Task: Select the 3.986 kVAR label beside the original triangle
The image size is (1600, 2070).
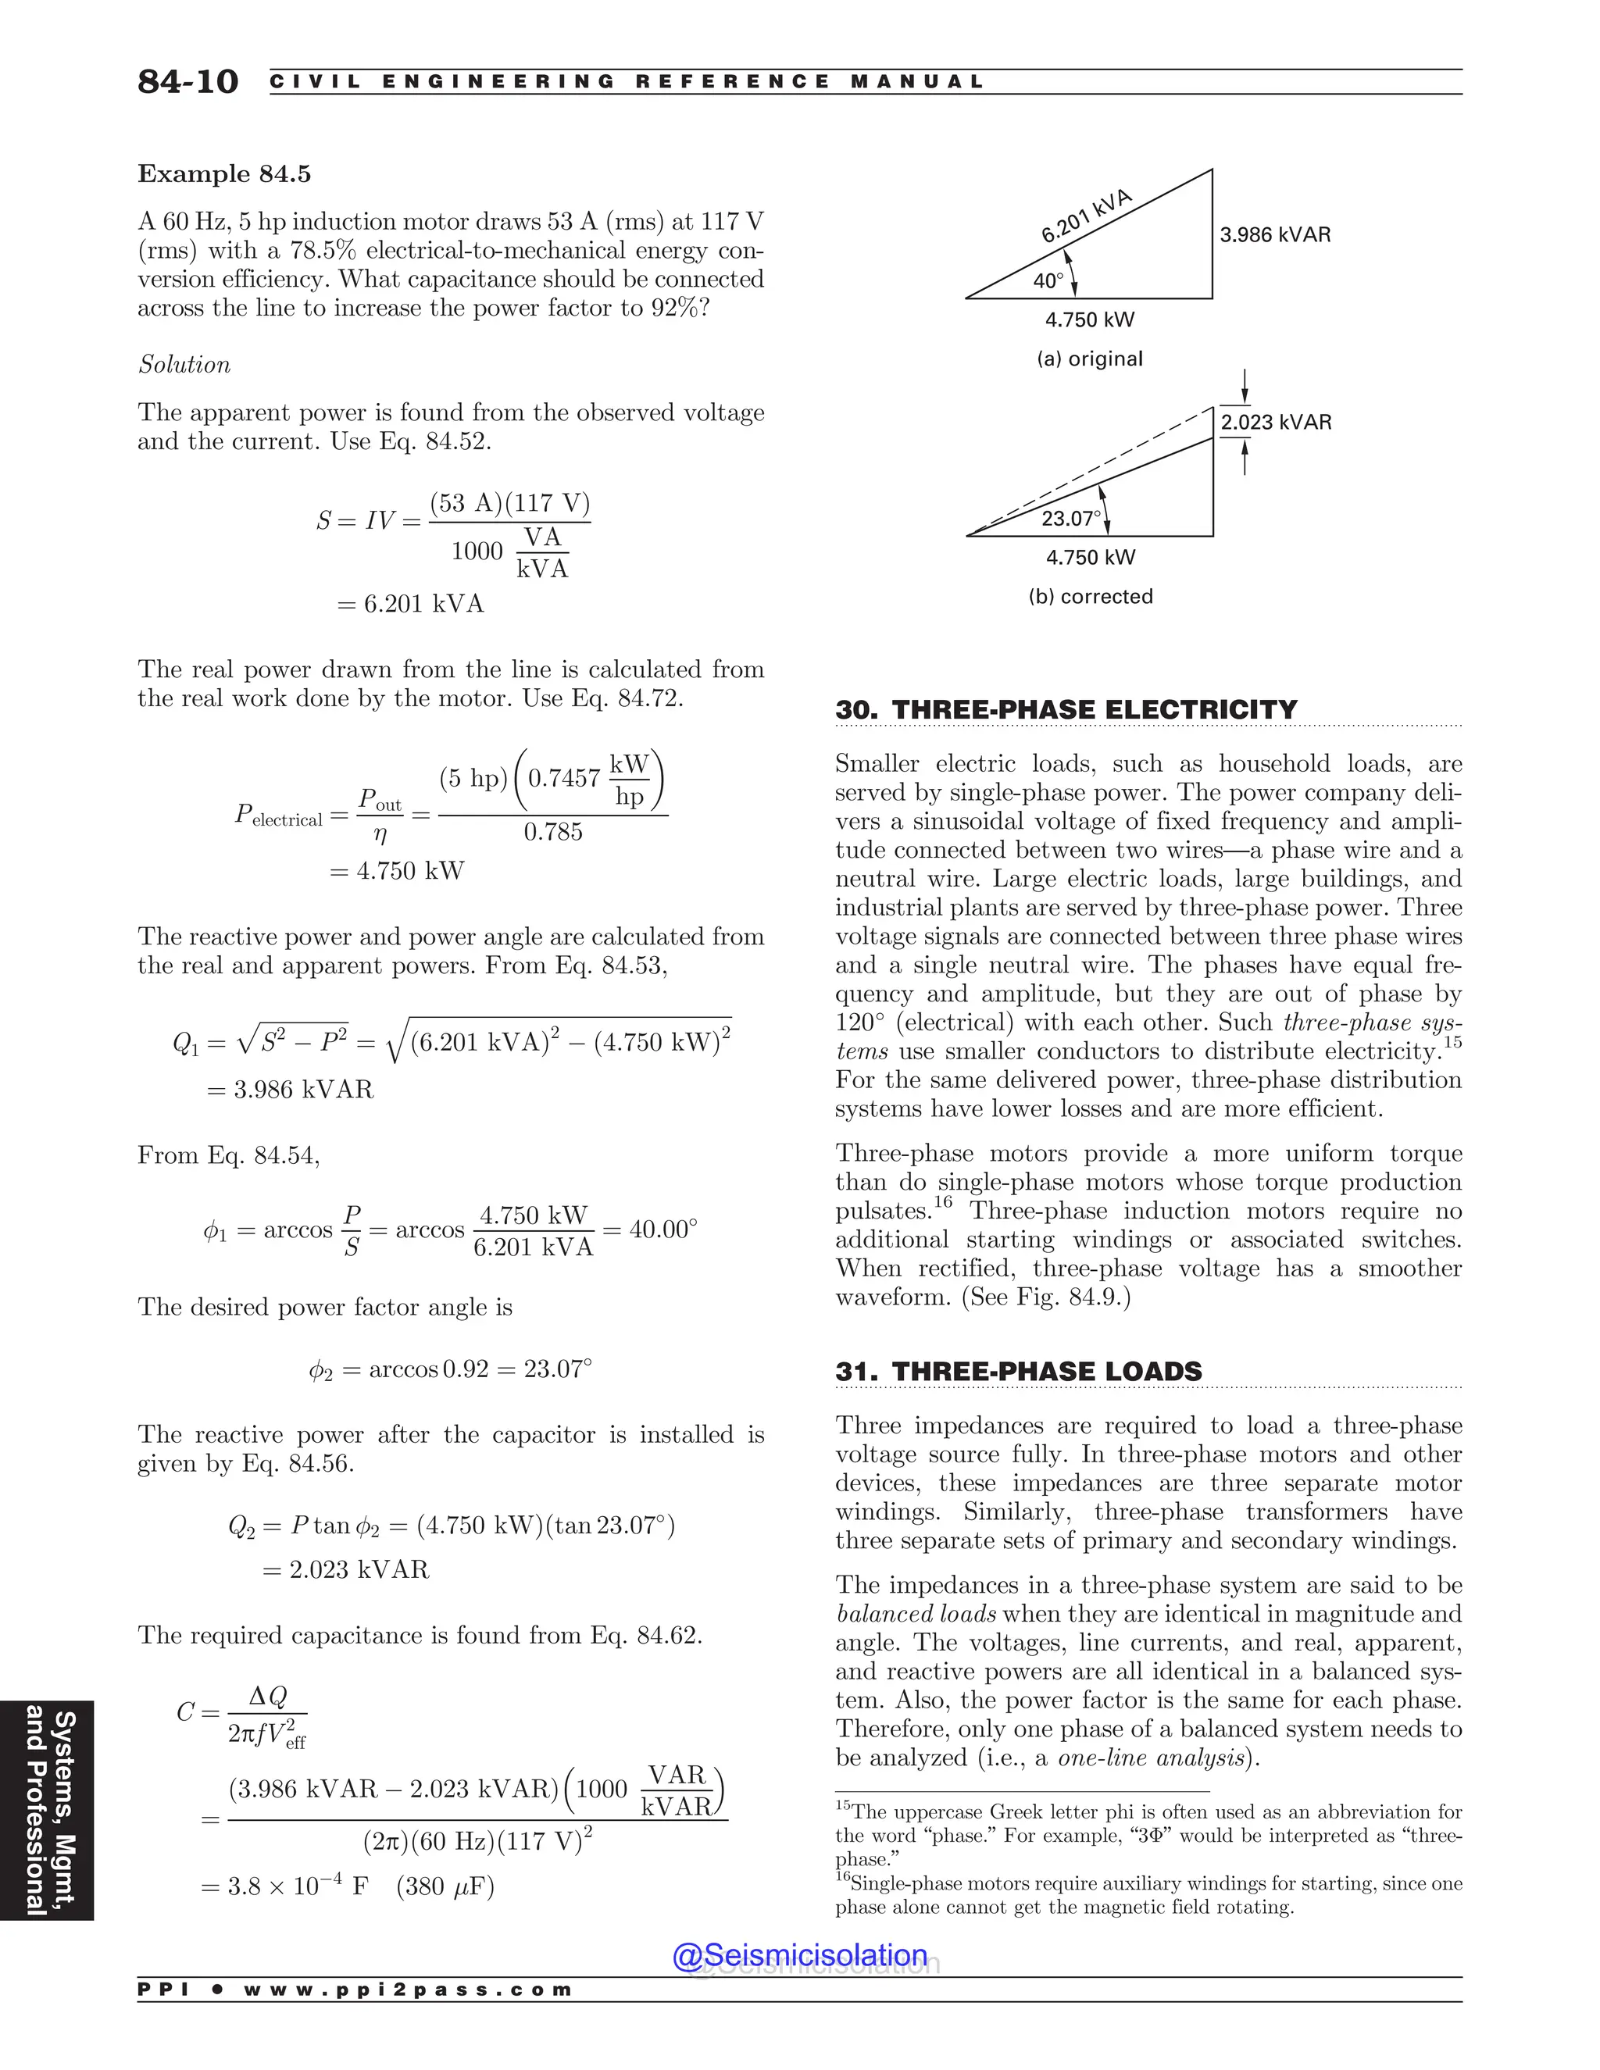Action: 1275,235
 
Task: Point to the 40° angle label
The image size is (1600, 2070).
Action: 1048,280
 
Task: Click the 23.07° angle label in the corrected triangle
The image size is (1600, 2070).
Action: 1071,519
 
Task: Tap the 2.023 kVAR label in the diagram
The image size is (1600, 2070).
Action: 1276,423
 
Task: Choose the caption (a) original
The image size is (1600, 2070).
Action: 1089,359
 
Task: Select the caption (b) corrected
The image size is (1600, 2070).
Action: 1090,597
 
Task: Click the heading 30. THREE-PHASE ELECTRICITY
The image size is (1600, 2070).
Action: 1066,710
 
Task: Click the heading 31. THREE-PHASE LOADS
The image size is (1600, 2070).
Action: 1018,1372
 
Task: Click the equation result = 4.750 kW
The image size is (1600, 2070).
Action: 397,871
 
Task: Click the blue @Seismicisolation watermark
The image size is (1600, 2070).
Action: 799,1955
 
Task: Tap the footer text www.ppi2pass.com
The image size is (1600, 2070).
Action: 408,1990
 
